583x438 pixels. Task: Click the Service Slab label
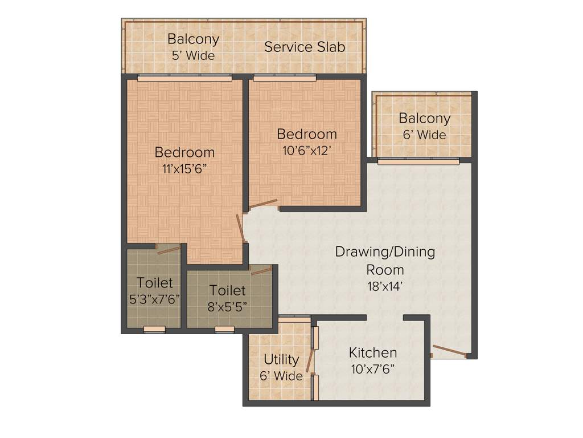click(x=305, y=47)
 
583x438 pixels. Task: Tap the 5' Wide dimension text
click(x=193, y=56)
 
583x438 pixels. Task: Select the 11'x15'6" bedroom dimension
click(x=184, y=169)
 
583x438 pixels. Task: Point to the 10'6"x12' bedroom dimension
click(x=306, y=150)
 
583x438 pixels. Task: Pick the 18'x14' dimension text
click(x=385, y=287)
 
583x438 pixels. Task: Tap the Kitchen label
click(x=373, y=352)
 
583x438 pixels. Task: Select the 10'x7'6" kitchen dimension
click(x=373, y=368)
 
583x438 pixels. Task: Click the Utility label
click(x=281, y=360)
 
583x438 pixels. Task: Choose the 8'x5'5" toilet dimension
click(x=227, y=306)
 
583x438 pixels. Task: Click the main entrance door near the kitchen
click(x=449, y=351)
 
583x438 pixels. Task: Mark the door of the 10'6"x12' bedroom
click(x=263, y=203)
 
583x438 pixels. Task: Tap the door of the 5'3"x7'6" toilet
click(x=169, y=250)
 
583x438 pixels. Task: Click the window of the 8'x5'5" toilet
click(x=224, y=329)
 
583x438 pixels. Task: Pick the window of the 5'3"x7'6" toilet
click(x=154, y=329)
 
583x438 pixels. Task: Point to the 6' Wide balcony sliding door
click(x=418, y=162)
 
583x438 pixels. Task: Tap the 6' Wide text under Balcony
click(x=424, y=135)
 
